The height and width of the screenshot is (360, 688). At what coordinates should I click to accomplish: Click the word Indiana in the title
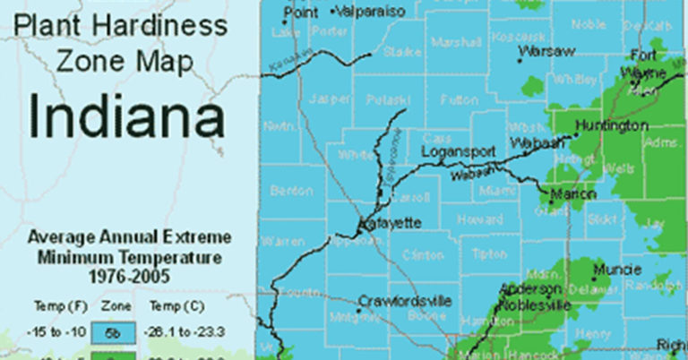[x=125, y=117]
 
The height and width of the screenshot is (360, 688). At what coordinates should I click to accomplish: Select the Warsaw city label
[x=547, y=53]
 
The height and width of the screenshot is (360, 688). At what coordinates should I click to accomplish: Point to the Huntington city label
[x=611, y=126]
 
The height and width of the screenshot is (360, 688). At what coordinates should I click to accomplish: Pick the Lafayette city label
[x=385, y=222]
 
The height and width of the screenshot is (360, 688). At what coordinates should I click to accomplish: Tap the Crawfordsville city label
[x=405, y=301]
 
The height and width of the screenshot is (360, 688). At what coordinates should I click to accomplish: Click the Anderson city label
[x=530, y=288]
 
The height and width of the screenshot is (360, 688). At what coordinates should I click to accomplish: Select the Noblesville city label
[x=536, y=305]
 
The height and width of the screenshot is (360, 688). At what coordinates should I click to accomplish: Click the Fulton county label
[x=459, y=99]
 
